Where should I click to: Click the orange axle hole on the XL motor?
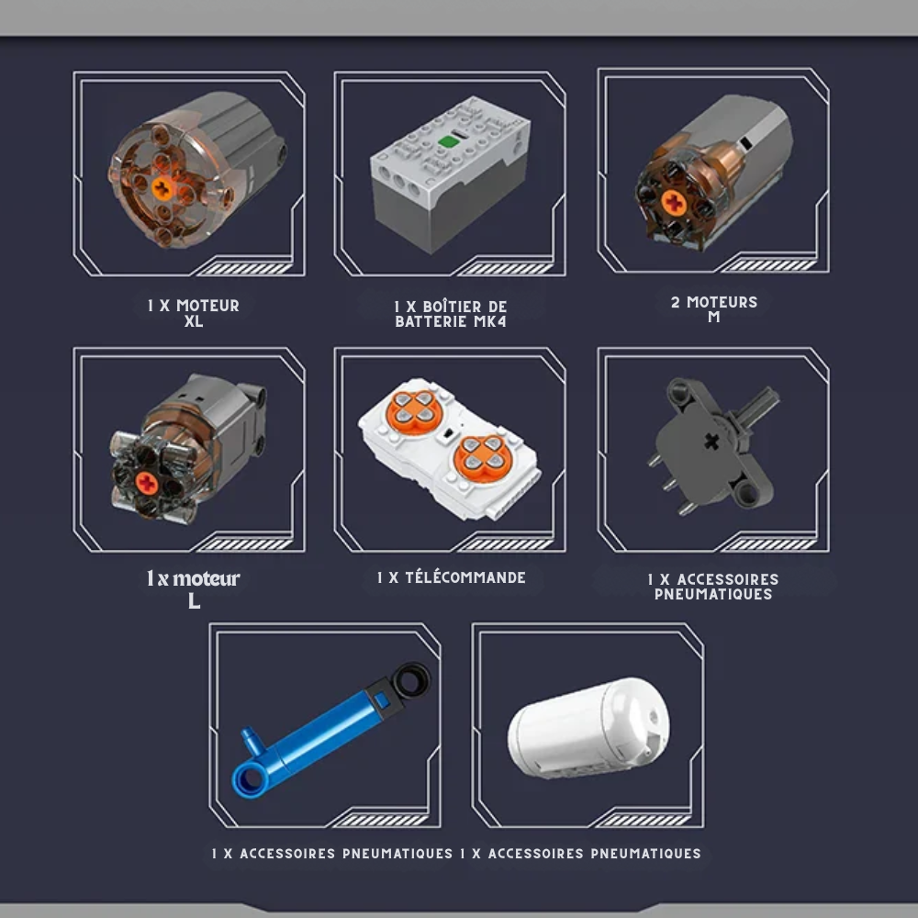(162, 188)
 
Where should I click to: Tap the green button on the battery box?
(448, 141)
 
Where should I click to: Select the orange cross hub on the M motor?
(675, 203)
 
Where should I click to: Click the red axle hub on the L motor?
(146, 483)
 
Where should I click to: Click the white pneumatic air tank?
(588, 728)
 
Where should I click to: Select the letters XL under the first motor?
(194, 321)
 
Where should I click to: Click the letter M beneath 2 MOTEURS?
(713, 317)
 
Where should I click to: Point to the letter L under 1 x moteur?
(195, 600)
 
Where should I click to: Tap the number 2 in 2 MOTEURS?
(676, 302)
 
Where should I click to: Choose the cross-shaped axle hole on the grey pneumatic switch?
(711, 442)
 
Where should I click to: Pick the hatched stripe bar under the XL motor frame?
(245, 268)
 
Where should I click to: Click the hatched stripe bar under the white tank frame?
(644, 820)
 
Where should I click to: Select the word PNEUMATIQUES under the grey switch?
(713, 594)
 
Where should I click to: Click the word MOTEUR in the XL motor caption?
(207, 306)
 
